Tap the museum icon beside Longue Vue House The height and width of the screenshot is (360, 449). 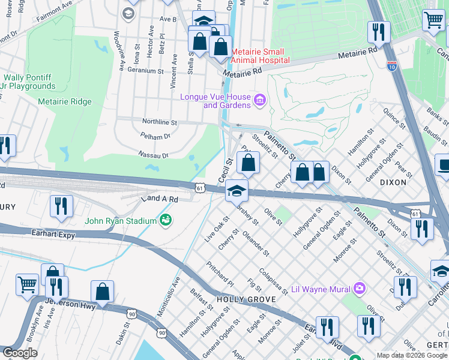pos(259,99)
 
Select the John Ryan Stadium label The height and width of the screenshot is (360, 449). pos(121,221)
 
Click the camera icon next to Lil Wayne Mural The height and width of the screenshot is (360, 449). pos(359,289)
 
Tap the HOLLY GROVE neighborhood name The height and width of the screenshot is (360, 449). pos(239,299)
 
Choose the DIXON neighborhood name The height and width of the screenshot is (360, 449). pos(393,181)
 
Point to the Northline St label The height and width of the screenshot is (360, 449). pos(159,122)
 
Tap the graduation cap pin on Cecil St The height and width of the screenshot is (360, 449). pos(237,192)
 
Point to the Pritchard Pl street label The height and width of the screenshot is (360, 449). pos(220,273)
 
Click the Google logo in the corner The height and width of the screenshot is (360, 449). pos(20,353)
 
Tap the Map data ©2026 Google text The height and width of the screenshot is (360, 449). pos(411,355)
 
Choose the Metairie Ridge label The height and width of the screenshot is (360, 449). pos(65,102)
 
